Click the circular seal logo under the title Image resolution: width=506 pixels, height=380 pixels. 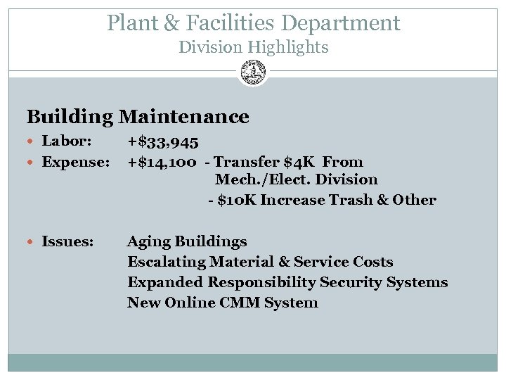253,71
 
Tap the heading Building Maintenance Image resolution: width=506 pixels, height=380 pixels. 138,116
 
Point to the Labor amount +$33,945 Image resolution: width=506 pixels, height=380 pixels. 162,142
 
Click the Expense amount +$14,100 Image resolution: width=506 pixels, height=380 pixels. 162,163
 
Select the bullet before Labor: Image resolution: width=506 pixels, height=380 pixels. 32,142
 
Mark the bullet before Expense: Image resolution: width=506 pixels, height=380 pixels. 32,163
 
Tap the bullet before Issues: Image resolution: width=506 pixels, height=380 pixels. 32,242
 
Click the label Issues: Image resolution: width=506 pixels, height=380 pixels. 67,242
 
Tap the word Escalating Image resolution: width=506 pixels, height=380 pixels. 162,262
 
